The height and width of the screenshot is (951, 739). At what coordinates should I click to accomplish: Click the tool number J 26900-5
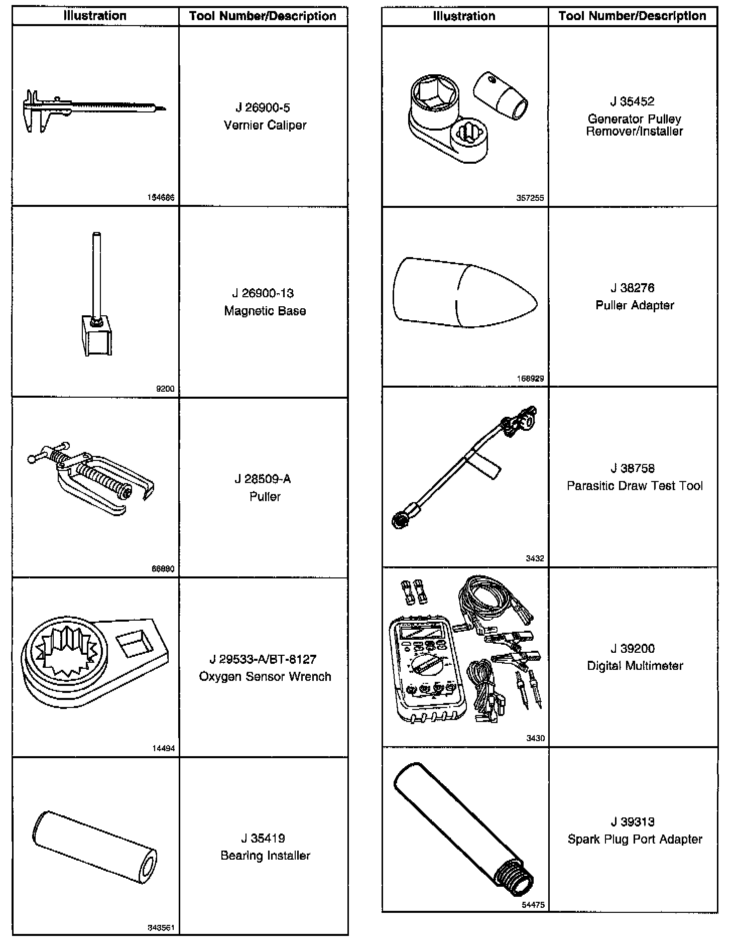pyautogui.click(x=263, y=108)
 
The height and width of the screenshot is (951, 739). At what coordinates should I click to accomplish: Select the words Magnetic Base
pyautogui.click(x=265, y=311)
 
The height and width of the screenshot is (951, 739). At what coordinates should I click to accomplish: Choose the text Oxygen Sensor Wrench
pyautogui.click(x=265, y=676)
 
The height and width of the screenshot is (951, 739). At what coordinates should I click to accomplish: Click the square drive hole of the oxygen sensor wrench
pyautogui.click(x=135, y=643)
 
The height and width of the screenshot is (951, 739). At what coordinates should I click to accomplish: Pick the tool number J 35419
pyautogui.click(x=263, y=838)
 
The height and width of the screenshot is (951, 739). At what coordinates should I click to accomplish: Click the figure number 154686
pyautogui.click(x=161, y=198)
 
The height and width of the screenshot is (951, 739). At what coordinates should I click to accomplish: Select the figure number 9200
pyautogui.click(x=165, y=389)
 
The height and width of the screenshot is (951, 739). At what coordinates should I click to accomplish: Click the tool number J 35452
pyautogui.click(x=632, y=101)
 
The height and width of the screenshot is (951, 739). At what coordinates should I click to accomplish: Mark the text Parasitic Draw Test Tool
pyautogui.click(x=634, y=486)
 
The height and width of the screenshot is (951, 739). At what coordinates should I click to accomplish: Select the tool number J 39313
pyautogui.click(x=632, y=822)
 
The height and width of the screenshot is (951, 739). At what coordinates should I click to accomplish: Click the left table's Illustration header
pyautogui.click(x=95, y=16)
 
